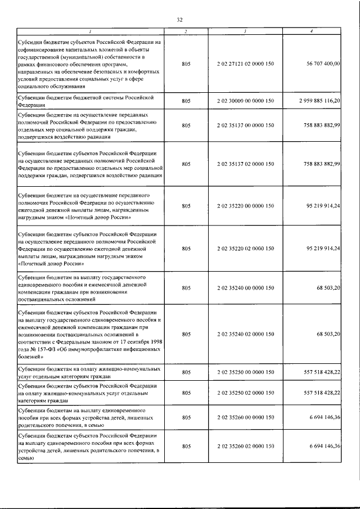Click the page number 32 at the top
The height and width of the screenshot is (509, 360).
pos(180,20)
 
